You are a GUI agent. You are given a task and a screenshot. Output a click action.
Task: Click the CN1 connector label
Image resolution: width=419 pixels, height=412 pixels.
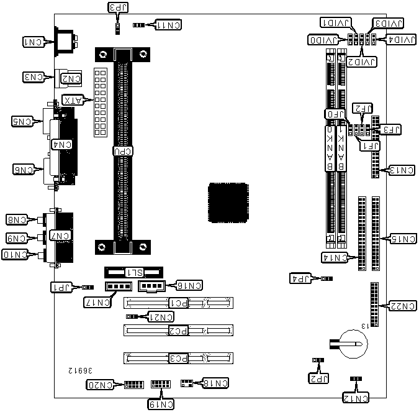[x=34, y=42]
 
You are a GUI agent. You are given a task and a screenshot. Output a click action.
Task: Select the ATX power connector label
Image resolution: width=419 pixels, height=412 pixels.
[x=74, y=100]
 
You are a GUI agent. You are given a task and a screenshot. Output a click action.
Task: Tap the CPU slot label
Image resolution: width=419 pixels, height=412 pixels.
[x=122, y=150]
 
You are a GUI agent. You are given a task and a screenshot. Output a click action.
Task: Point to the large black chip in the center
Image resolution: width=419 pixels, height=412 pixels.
[x=229, y=203]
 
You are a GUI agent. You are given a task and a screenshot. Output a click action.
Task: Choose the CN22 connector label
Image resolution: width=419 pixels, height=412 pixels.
[x=400, y=305]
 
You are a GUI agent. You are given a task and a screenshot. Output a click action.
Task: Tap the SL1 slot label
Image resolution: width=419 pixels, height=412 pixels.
[x=135, y=272]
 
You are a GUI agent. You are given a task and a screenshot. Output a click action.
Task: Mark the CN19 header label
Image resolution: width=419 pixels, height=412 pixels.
[x=160, y=404]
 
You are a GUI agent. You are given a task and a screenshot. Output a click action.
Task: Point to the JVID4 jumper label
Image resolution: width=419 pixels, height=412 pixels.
[x=398, y=40]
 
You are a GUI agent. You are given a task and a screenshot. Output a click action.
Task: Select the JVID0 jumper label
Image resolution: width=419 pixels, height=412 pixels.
[x=325, y=40]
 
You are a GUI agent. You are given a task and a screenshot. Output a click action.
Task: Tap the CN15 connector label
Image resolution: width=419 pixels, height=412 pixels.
[x=400, y=239]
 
